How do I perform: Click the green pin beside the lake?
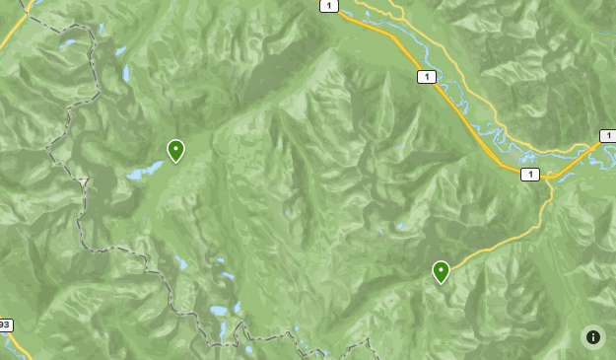coord(175,151)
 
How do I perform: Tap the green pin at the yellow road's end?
coord(441,271)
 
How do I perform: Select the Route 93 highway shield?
coord(5,324)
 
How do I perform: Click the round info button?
coord(593,337)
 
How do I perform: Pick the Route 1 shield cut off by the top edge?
coord(328,5)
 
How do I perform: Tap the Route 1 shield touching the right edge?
coord(607,136)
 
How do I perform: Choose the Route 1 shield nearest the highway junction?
coord(530,175)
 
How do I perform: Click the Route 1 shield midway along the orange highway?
coord(426,77)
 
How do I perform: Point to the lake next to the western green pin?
coord(146,171)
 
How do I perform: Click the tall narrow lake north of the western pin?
coord(126,74)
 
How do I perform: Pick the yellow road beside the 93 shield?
coord(20,347)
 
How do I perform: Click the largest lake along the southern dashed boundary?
coord(219,310)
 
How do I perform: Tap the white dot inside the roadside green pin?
coord(441,268)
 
